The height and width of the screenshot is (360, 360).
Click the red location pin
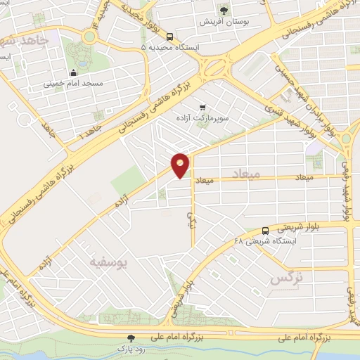coord(181,165)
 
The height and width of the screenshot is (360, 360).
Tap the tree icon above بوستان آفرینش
coord(225,10)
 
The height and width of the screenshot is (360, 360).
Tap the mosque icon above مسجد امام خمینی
coord(74,72)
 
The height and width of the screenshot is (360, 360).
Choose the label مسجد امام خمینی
coord(74,83)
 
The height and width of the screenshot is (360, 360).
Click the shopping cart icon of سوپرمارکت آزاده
coord(202,108)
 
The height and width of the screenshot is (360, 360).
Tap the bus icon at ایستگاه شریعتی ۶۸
coord(265,231)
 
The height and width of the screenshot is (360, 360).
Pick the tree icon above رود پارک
coord(131,337)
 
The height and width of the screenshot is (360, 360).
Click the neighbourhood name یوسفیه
coord(108,262)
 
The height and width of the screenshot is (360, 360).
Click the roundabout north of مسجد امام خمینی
coord(89,36)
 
